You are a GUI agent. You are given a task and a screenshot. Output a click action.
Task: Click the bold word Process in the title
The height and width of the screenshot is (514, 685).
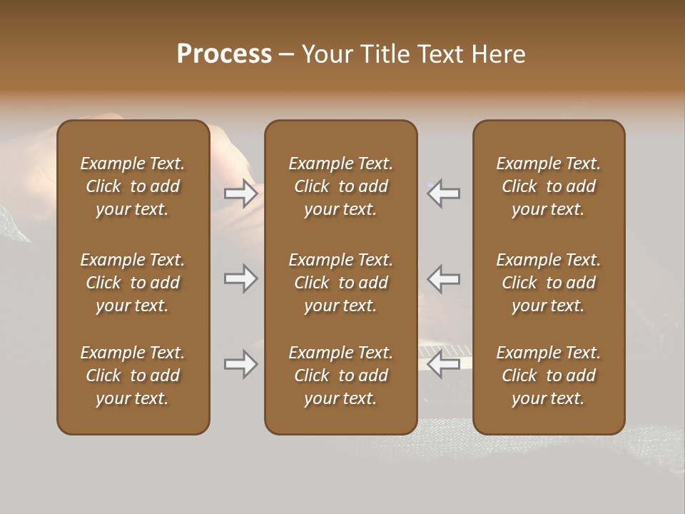click(224, 54)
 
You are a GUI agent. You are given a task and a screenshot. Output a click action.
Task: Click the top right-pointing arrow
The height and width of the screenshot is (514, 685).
click(240, 193)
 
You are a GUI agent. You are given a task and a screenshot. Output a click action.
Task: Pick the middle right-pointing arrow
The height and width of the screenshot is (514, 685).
click(240, 278)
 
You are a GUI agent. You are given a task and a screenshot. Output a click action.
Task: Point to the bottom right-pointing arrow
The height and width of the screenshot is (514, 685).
click(240, 365)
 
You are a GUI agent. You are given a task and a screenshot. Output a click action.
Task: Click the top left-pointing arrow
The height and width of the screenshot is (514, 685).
click(444, 193)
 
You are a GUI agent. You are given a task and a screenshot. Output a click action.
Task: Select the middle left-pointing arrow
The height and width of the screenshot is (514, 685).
click(444, 278)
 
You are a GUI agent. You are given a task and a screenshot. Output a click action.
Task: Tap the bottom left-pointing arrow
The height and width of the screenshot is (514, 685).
click(444, 365)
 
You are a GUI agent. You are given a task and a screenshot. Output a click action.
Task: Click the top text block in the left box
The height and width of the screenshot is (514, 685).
click(133, 186)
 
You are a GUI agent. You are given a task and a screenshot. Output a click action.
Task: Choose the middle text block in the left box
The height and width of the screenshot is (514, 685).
click(133, 283)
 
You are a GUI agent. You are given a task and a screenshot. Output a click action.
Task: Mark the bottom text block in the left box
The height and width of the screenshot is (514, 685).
click(133, 376)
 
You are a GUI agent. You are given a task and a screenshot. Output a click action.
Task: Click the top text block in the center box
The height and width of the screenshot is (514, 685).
click(341, 186)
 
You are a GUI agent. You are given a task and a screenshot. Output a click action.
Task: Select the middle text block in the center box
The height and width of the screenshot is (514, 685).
click(341, 283)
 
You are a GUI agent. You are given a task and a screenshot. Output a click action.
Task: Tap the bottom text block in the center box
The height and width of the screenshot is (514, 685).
click(341, 376)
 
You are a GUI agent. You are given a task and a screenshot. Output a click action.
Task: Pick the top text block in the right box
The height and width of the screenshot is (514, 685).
click(549, 186)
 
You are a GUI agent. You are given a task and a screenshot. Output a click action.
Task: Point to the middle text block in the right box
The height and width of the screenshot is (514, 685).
click(549, 283)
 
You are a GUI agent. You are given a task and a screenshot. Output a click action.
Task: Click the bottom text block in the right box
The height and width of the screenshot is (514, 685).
click(549, 376)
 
